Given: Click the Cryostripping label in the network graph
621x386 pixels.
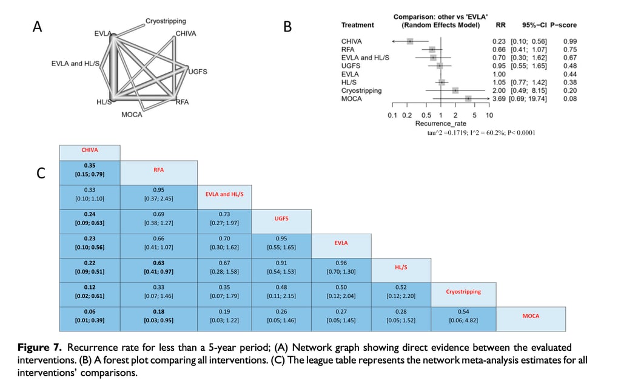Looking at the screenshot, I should (166, 21).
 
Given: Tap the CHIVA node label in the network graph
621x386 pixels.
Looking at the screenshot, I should (186, 33).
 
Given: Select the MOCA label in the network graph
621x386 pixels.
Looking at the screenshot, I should (132, 115).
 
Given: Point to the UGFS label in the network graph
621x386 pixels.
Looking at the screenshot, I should (198, 72).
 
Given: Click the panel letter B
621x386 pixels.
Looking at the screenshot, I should (287, 27).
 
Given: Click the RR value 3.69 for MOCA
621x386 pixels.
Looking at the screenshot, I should (498, 98).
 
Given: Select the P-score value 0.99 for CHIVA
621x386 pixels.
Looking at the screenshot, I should (569, 41).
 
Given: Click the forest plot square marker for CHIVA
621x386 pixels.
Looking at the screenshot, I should (410, 41).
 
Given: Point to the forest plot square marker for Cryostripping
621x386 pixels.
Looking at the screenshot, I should (455, 90).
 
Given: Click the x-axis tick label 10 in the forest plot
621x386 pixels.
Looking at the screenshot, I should (489, 115).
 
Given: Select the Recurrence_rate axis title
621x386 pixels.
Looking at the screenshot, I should (440, 123).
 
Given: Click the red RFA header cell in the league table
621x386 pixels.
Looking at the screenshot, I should (159, 171).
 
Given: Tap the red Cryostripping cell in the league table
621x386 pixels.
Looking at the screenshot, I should (463, 291).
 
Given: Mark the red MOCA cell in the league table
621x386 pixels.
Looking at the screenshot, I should (531, 316).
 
